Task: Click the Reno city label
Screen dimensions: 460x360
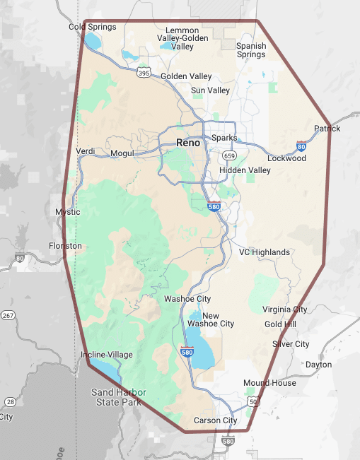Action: click(x=187, y=143)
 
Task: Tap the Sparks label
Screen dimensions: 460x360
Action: click(x=223, y=138)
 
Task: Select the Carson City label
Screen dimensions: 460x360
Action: click(x=216, y=420)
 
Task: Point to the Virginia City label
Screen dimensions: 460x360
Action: click(x=285, y=309)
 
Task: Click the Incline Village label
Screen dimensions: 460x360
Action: click(x=107, y=355)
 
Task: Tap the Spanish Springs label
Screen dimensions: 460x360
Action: click(x=251, y=50)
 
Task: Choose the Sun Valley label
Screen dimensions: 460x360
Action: click(x=210, y=90)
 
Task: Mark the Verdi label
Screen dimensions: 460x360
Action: click(x=85, y=152)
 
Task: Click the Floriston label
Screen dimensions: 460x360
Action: click(x=65, y=246)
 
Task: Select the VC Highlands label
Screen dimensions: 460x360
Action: click(x=265, y=252)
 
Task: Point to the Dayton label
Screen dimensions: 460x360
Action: click(x=318, y=365)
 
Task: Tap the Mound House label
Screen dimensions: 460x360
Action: click(x=269, y=383)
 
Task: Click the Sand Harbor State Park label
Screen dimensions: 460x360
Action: click(x=118, y=397)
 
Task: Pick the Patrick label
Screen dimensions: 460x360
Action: click(x=327, y=129)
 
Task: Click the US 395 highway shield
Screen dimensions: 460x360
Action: click(x=144, y=73)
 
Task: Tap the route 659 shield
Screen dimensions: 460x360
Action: click(x=228, y=155)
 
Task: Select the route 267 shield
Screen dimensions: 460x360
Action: click(x=8, y=315)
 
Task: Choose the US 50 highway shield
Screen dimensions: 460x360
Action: click(x=252, y=402)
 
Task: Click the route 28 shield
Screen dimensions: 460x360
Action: click(x=10, y=402)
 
